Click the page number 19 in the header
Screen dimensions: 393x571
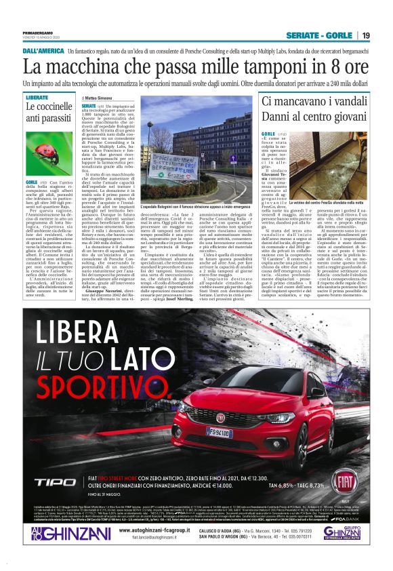coord(365,35)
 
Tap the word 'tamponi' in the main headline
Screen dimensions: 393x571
coord(253,67)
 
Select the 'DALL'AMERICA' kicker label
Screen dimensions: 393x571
coord(43,52)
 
